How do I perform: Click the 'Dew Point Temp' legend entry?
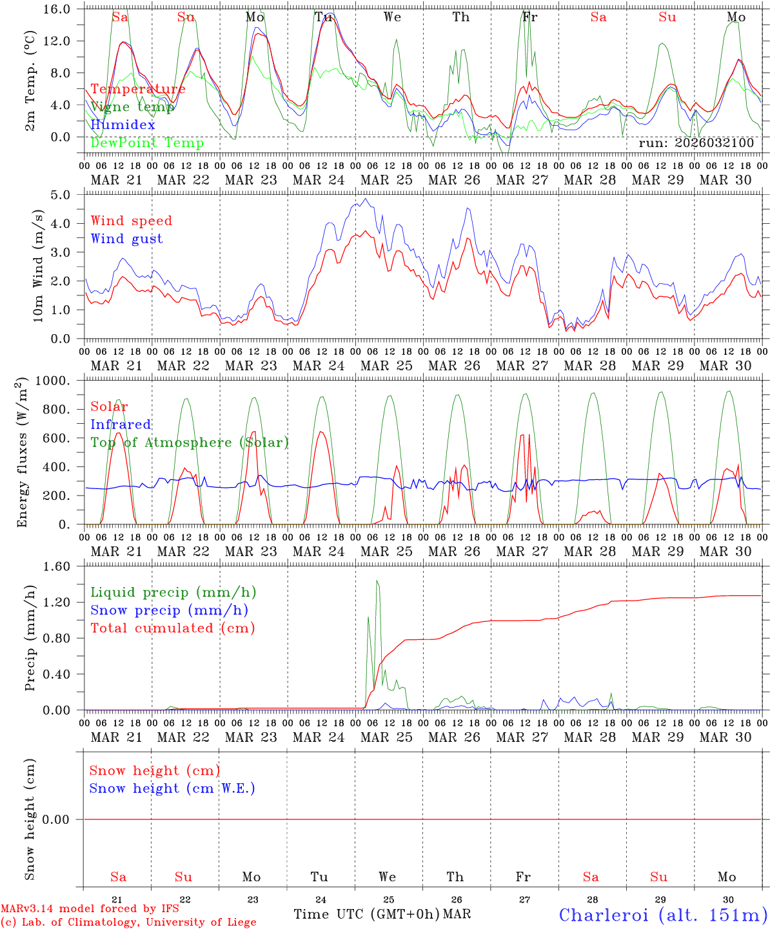tap(147, 143)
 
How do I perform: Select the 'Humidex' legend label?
tap(123, 125)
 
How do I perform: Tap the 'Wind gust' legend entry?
tap(126, 239)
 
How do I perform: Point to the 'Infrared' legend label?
tap(121, 425)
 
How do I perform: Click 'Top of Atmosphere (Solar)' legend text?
tap(190, 443)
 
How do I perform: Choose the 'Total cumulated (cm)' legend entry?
tap(172, 628)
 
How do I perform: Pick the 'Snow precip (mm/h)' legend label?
tap(169, 610)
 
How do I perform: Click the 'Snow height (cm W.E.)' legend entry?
tap(172, 788)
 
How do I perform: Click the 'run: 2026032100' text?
tap(696, 143)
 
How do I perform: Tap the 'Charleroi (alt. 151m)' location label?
tap(662, 915)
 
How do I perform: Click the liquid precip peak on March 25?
tap(377, 581)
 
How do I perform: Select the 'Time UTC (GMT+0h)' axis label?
tap(366, 914)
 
